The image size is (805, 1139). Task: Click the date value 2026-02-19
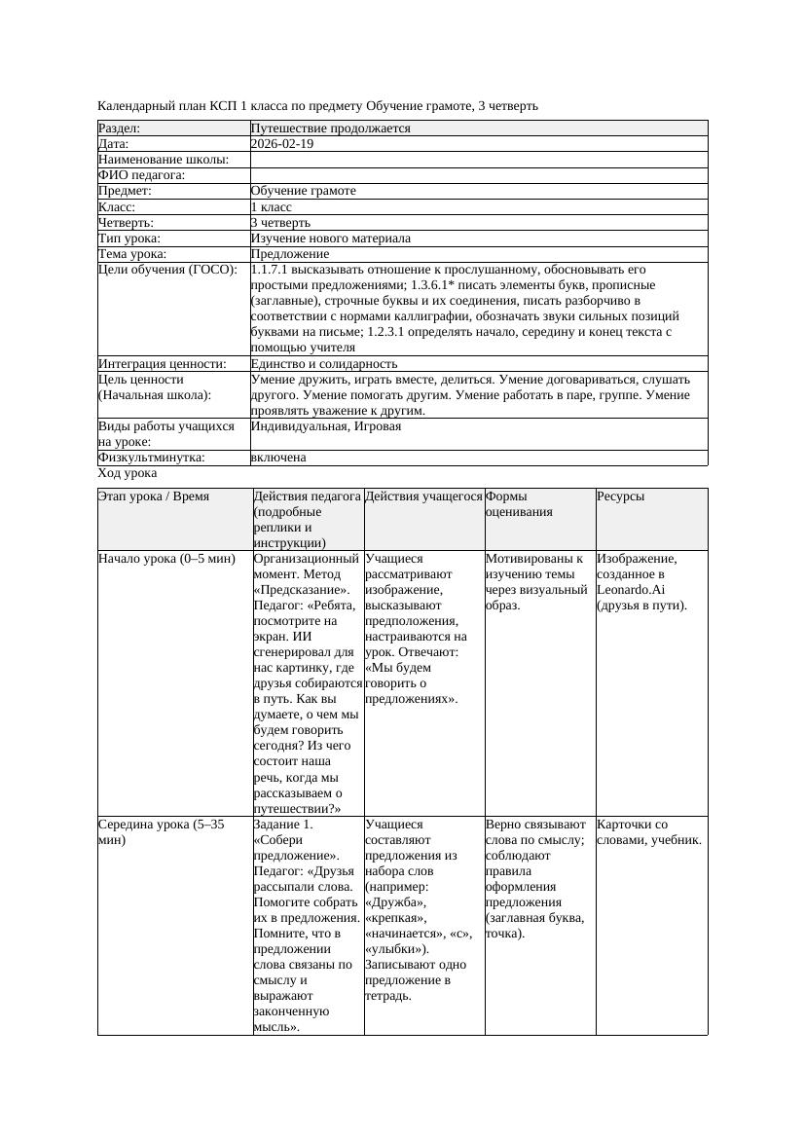282,144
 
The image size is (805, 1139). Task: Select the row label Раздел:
120,129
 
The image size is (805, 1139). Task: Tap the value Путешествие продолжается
330,129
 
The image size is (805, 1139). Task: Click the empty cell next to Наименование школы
477,160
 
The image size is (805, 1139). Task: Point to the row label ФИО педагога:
142,175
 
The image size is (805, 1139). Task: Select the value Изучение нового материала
330,239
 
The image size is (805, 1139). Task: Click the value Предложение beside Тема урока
288,254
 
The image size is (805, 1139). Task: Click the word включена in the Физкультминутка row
278,458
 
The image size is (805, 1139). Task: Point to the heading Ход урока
128,473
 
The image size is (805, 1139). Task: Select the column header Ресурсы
620,496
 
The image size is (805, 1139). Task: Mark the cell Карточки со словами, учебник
648,832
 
